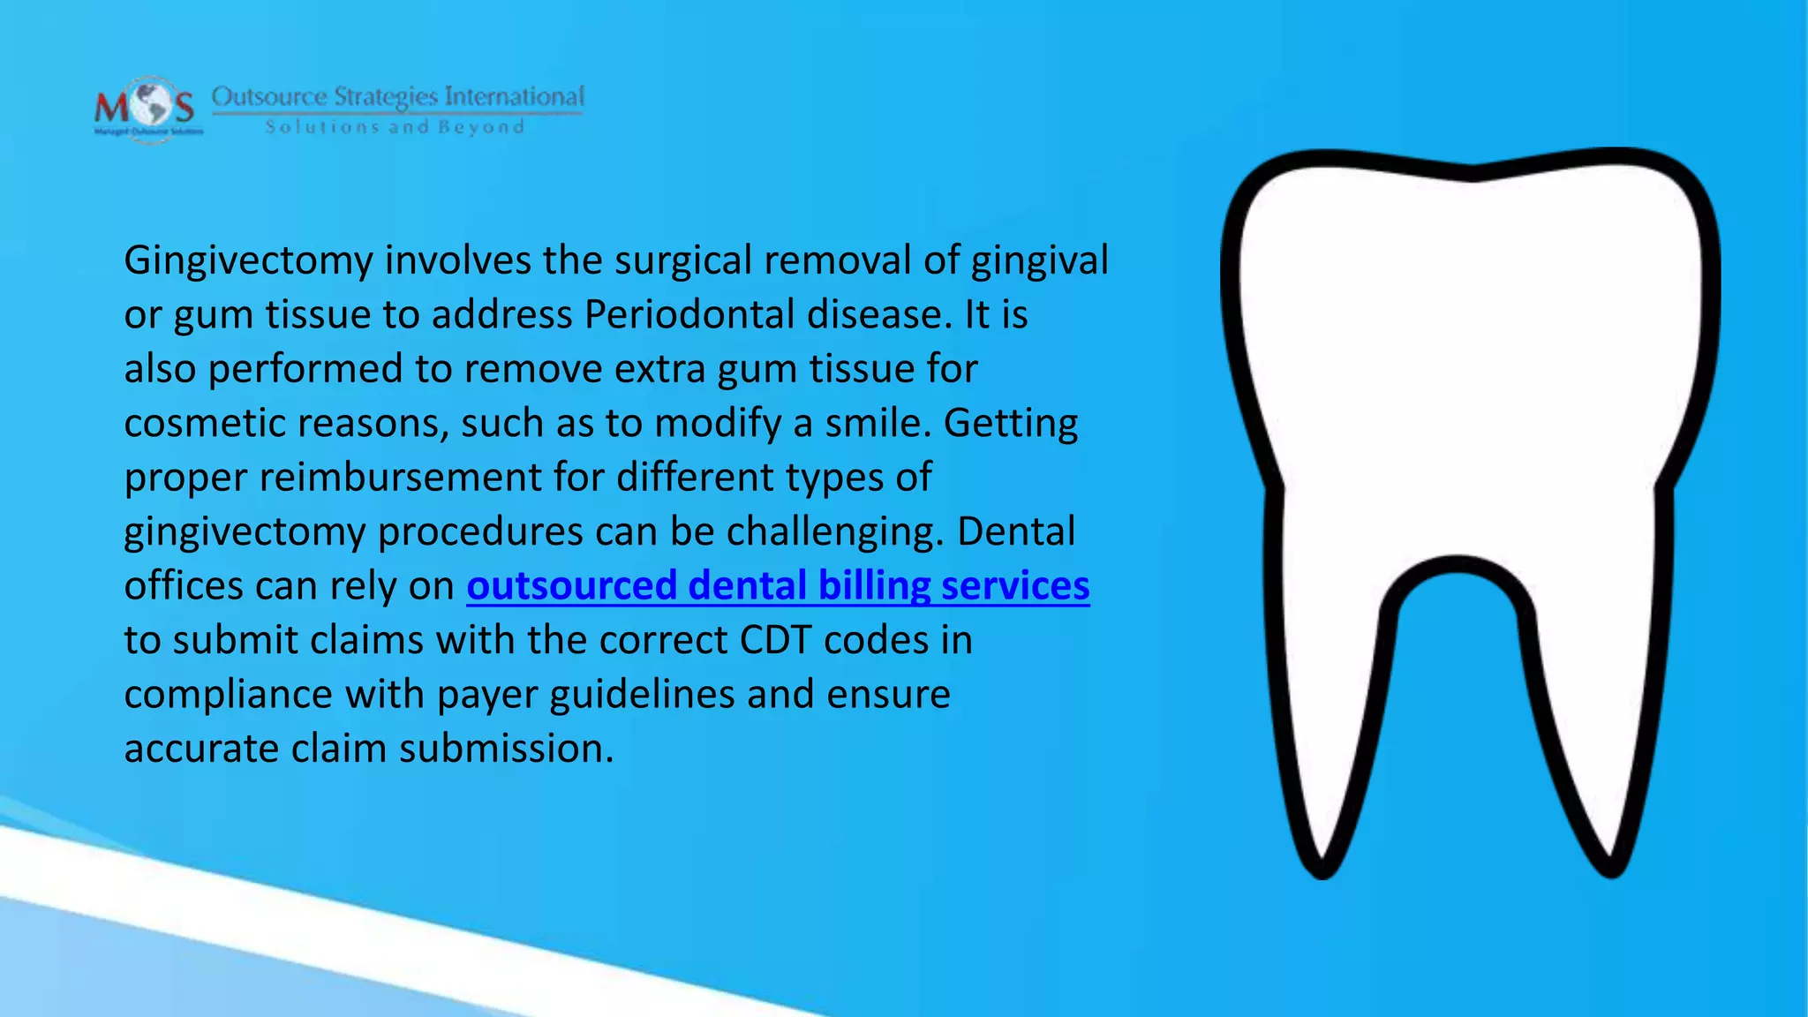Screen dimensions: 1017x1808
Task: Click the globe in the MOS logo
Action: click(x=147, y=106)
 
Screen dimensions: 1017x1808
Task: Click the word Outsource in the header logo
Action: click(x=269, y=96)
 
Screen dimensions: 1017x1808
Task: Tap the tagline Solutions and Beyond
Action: click(x=395, y=127)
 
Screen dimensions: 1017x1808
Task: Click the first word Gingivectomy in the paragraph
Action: click(x=248, y=261)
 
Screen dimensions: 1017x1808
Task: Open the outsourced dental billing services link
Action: click(x=778, y=586)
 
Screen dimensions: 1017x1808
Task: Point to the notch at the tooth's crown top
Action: click(x=1472, y=172)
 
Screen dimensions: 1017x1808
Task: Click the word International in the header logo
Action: click(x=514, y=96)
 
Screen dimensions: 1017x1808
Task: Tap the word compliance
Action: click(x=229, y=695)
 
